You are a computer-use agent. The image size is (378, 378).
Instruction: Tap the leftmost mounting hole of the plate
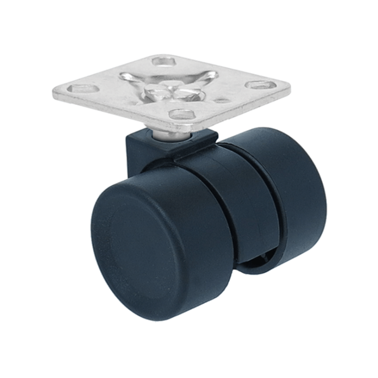[83, 89]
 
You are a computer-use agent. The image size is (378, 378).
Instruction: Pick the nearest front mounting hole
[183, 115]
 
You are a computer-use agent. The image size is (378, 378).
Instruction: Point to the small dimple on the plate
[222, 100]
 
